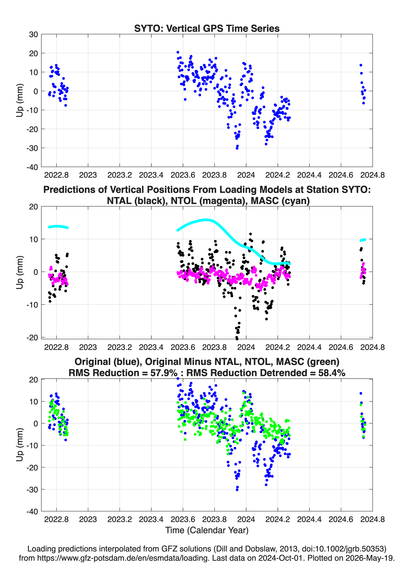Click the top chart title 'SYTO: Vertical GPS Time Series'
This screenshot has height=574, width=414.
(207, 28)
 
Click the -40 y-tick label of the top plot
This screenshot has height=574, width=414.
(32, 167)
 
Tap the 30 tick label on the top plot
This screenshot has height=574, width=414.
(34, 34)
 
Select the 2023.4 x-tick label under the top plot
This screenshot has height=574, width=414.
(151, 175)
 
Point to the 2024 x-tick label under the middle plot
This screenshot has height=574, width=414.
(246, 347)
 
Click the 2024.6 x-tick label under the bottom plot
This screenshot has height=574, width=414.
(341, 519)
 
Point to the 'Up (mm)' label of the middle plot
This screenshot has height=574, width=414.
(20, 272)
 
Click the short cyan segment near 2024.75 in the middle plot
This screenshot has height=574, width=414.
(363, 240)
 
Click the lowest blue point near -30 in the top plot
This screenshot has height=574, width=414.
(237, 148)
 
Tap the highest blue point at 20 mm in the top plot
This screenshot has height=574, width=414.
(178, 52)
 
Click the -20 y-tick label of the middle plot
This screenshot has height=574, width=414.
(32, 338)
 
